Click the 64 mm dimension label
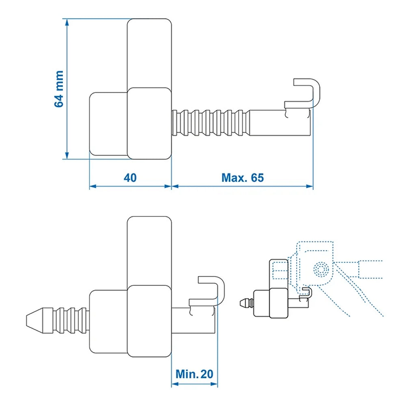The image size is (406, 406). click(59, 89)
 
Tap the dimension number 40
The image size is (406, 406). click(130, 178)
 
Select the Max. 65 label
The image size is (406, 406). click(243, 178)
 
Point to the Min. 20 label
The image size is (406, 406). click(194, 374)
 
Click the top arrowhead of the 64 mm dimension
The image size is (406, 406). click(67, 22)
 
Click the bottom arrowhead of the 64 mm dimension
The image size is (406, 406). click(67, 155)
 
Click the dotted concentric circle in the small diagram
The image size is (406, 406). click(321, 269)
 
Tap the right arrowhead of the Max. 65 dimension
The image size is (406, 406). click(310, 186)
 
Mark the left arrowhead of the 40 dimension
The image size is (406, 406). click(93, 186)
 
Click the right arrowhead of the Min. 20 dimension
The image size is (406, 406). click(214, 384)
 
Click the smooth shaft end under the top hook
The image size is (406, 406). click(280, 123)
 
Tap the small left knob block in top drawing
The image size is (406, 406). click(108, 124)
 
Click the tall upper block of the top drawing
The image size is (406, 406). click(149, 53)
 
